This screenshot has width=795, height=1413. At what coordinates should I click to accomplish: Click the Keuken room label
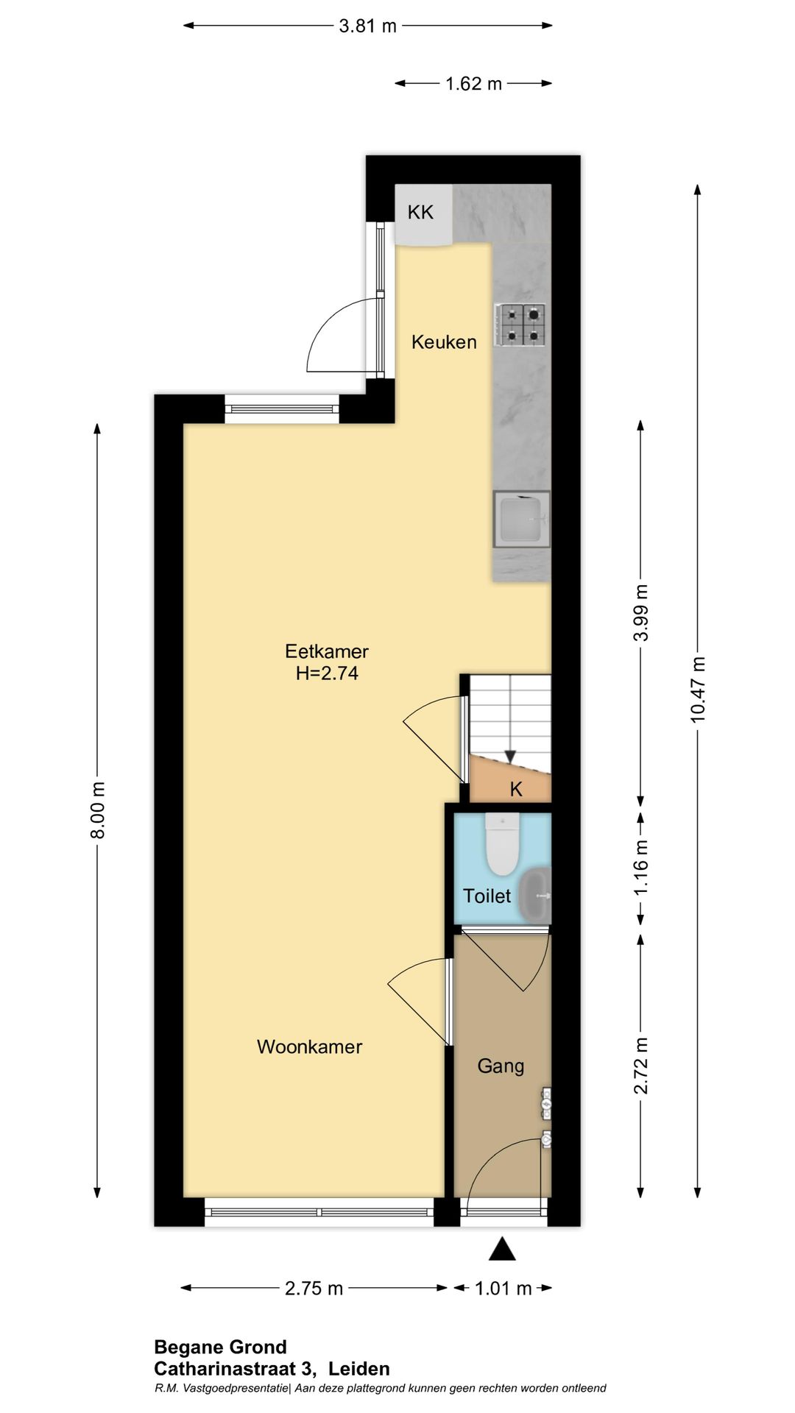click(x=444, y=341)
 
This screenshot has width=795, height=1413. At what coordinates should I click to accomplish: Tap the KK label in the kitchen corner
click(x=421, y=213)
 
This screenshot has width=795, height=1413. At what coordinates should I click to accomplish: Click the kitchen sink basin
click(x=521, y=520)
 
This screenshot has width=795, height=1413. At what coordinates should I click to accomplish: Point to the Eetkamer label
click(x=327, y=651)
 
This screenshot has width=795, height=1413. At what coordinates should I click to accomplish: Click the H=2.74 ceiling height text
click(x=327, y=673)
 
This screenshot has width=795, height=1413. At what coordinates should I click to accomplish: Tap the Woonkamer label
click(x=309, y=1047)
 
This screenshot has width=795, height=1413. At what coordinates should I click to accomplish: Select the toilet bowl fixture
click(x=503, y=843)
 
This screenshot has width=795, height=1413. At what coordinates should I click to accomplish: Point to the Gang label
click(x=501, y=1066)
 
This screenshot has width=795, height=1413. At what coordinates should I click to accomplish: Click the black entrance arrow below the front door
click(x=502, y=1249)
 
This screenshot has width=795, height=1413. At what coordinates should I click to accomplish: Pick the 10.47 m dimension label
click(x=698, y=690)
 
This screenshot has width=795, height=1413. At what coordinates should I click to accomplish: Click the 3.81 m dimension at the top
click(x=367, y=26)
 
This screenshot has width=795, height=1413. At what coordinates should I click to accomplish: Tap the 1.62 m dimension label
click(x=473, y=84)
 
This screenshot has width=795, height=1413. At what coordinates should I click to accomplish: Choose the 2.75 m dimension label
click(x=314, y=1289)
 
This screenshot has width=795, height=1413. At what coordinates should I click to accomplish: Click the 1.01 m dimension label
click(x=503, y=1289)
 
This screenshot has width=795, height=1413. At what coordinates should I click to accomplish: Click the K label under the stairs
click(x=516, y=790)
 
